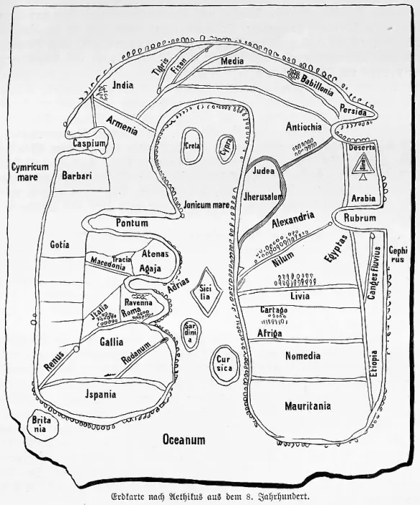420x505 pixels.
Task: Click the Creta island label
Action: click(x=192, y=146)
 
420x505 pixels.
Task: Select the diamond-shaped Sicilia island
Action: click(x=206, y=291)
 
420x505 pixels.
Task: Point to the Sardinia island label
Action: click(x=190, y=334)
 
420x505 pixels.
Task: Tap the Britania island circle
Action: click(x=42, y=424)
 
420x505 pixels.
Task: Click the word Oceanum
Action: click(x=184, y=439)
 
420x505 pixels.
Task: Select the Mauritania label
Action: click(x=308, y=405)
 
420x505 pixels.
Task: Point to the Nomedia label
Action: click(x=303, y=356)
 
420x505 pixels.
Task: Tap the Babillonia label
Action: click(x=316, y=84)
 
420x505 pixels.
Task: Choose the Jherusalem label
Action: click(x=263, y=196)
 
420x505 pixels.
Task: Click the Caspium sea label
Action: click(x=89, y=143)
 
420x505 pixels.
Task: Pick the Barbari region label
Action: click(x=77, y=175)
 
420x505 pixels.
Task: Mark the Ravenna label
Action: click(x=138, y=303)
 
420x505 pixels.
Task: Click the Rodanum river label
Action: click(x=136, y=353)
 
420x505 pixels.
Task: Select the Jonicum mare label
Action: click(x=206, y=205)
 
